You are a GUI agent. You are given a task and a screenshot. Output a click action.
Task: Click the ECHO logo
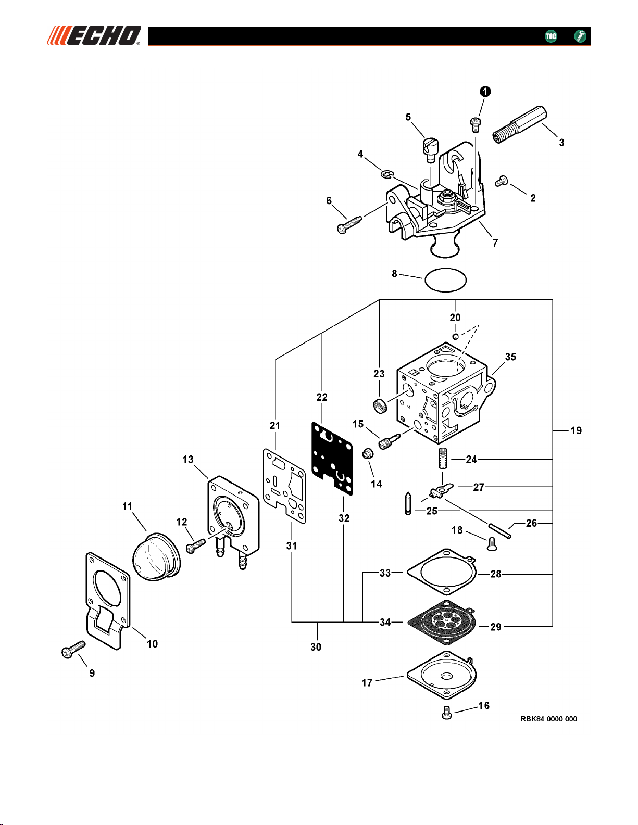pyautogui.click(x=94, y=35)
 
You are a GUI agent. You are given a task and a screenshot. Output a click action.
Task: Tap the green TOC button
pyautogui.click(x=551, y=36)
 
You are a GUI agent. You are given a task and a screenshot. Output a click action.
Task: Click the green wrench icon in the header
pyautogui.click(x=580, y=36)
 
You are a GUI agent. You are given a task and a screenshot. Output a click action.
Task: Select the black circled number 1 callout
pyautogui.click(x=485, y=92)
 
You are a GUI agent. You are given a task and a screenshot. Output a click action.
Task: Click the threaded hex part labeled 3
pyautogui.click(x=520, y=124)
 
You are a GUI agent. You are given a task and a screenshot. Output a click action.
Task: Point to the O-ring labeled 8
pyautogui.click(x=445, y=280)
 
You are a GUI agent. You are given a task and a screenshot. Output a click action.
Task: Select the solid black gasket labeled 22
pyautogui.click(x=332, y=458)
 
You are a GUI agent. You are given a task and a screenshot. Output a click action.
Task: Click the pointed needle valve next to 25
pyautogui.click(x=408, y=503)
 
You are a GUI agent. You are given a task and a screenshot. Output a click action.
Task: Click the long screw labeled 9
pyautogui.click(x=73, y=649)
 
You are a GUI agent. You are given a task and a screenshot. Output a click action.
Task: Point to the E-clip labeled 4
pyautogui.click(x=387, y=174)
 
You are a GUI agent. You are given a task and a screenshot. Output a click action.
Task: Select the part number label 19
pyautogui.click(x=576, y=430)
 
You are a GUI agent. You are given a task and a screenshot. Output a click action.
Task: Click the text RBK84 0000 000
pyautogui.click(x=549, y=719)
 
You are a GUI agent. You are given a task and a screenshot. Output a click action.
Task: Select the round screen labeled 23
pyautogui.click(x=380, y=406)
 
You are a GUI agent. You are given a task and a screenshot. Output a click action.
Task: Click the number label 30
pyautogui.click(x=316, y=647)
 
